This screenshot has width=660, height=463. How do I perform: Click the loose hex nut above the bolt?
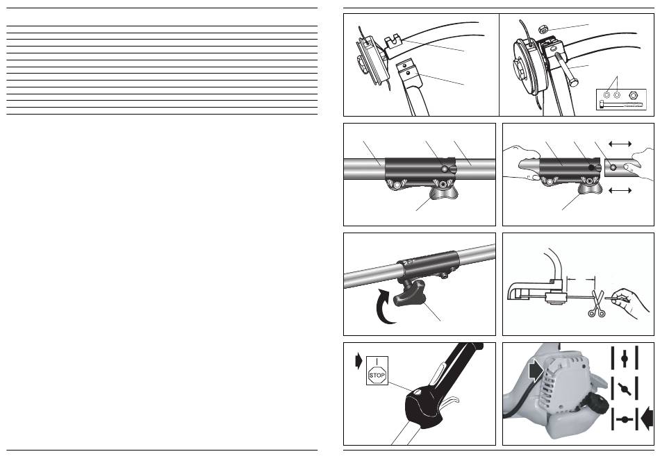[543, 28]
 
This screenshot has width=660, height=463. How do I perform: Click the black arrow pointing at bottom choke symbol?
[650, 418]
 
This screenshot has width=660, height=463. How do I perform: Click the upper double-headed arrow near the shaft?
[619, 142]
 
